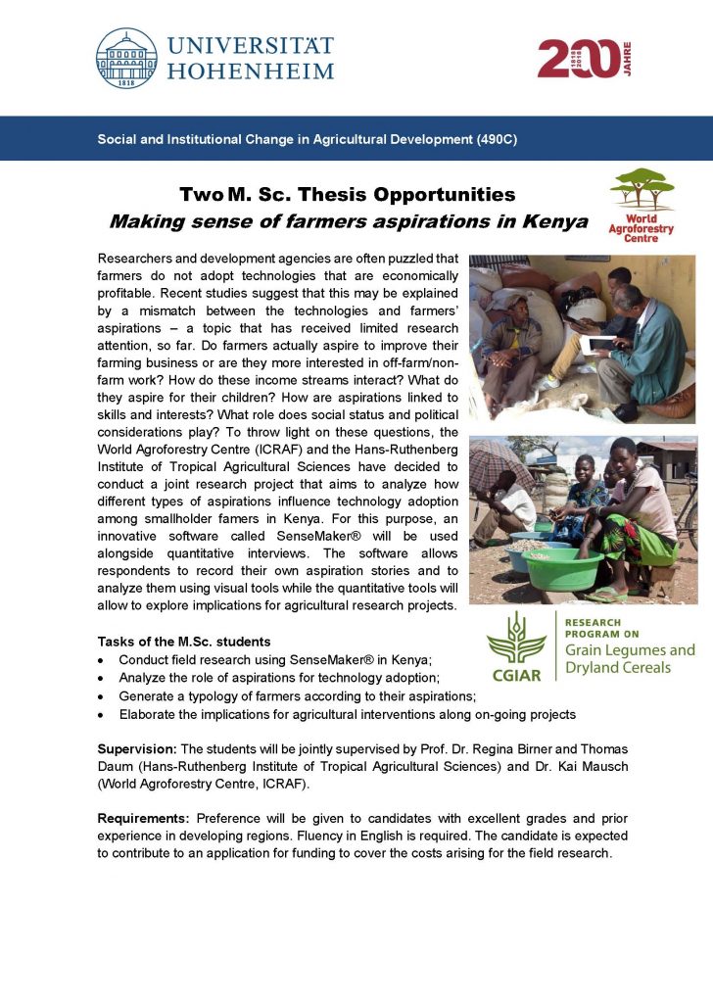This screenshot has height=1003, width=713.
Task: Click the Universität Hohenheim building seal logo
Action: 126,59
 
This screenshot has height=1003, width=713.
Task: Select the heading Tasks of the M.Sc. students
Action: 184,642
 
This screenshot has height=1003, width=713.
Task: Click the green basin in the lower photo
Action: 562,568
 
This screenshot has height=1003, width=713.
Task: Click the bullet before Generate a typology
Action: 103,696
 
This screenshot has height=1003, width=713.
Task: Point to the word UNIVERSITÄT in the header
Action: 251,45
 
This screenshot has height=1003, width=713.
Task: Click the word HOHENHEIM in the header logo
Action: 251,71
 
